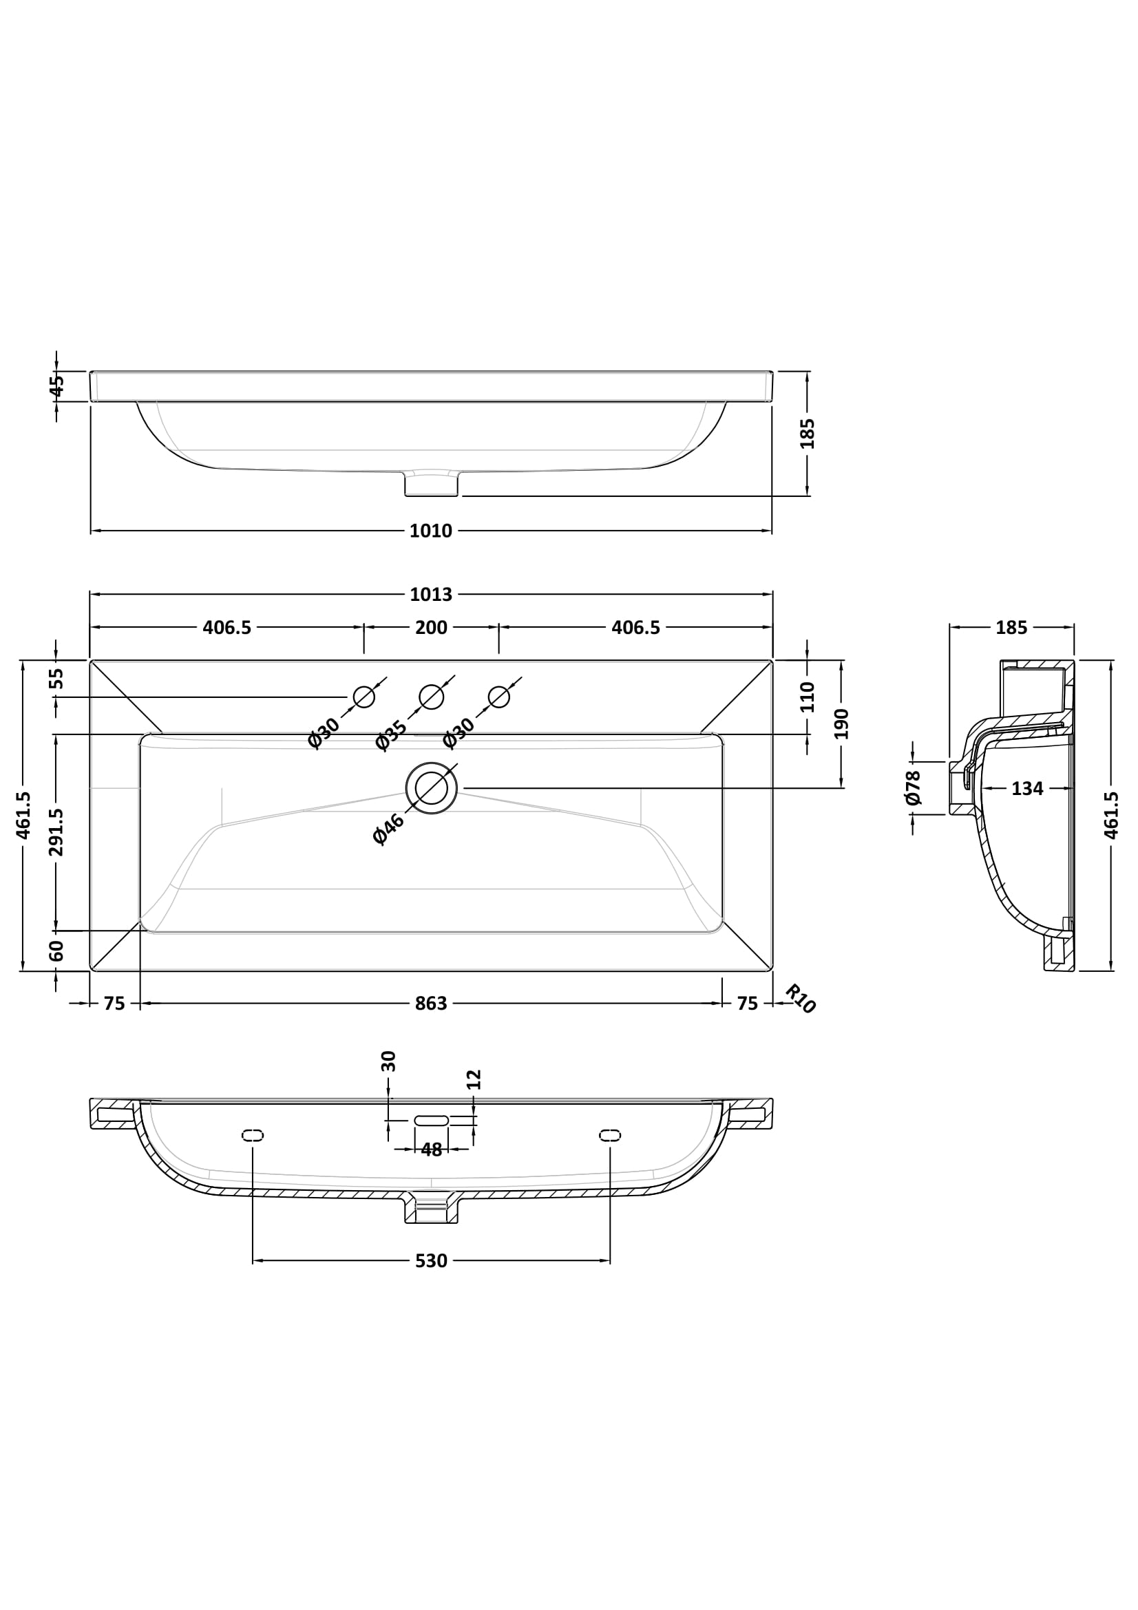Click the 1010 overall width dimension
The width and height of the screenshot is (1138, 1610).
(x=430, y=531)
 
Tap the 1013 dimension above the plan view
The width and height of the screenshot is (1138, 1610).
(x=430, y=595)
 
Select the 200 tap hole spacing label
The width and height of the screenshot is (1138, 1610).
(x=430, y=628)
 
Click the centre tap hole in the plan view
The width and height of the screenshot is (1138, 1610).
(x=431, y=697)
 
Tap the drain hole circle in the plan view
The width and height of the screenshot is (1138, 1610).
(x=431, y=788)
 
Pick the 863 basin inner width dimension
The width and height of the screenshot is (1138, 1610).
(x=430, y=1004)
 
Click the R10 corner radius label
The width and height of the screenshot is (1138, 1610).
(x=800, y=999)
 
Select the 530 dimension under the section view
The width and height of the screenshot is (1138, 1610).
(x=430, y=1262)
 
